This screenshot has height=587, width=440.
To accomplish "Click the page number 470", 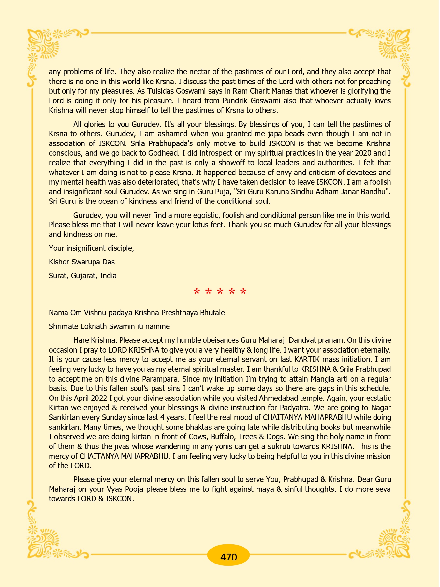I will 228,557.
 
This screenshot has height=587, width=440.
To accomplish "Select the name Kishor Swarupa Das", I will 82,262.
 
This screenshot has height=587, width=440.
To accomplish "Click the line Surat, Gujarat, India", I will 83,276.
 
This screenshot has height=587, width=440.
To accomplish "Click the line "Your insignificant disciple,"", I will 92,248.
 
